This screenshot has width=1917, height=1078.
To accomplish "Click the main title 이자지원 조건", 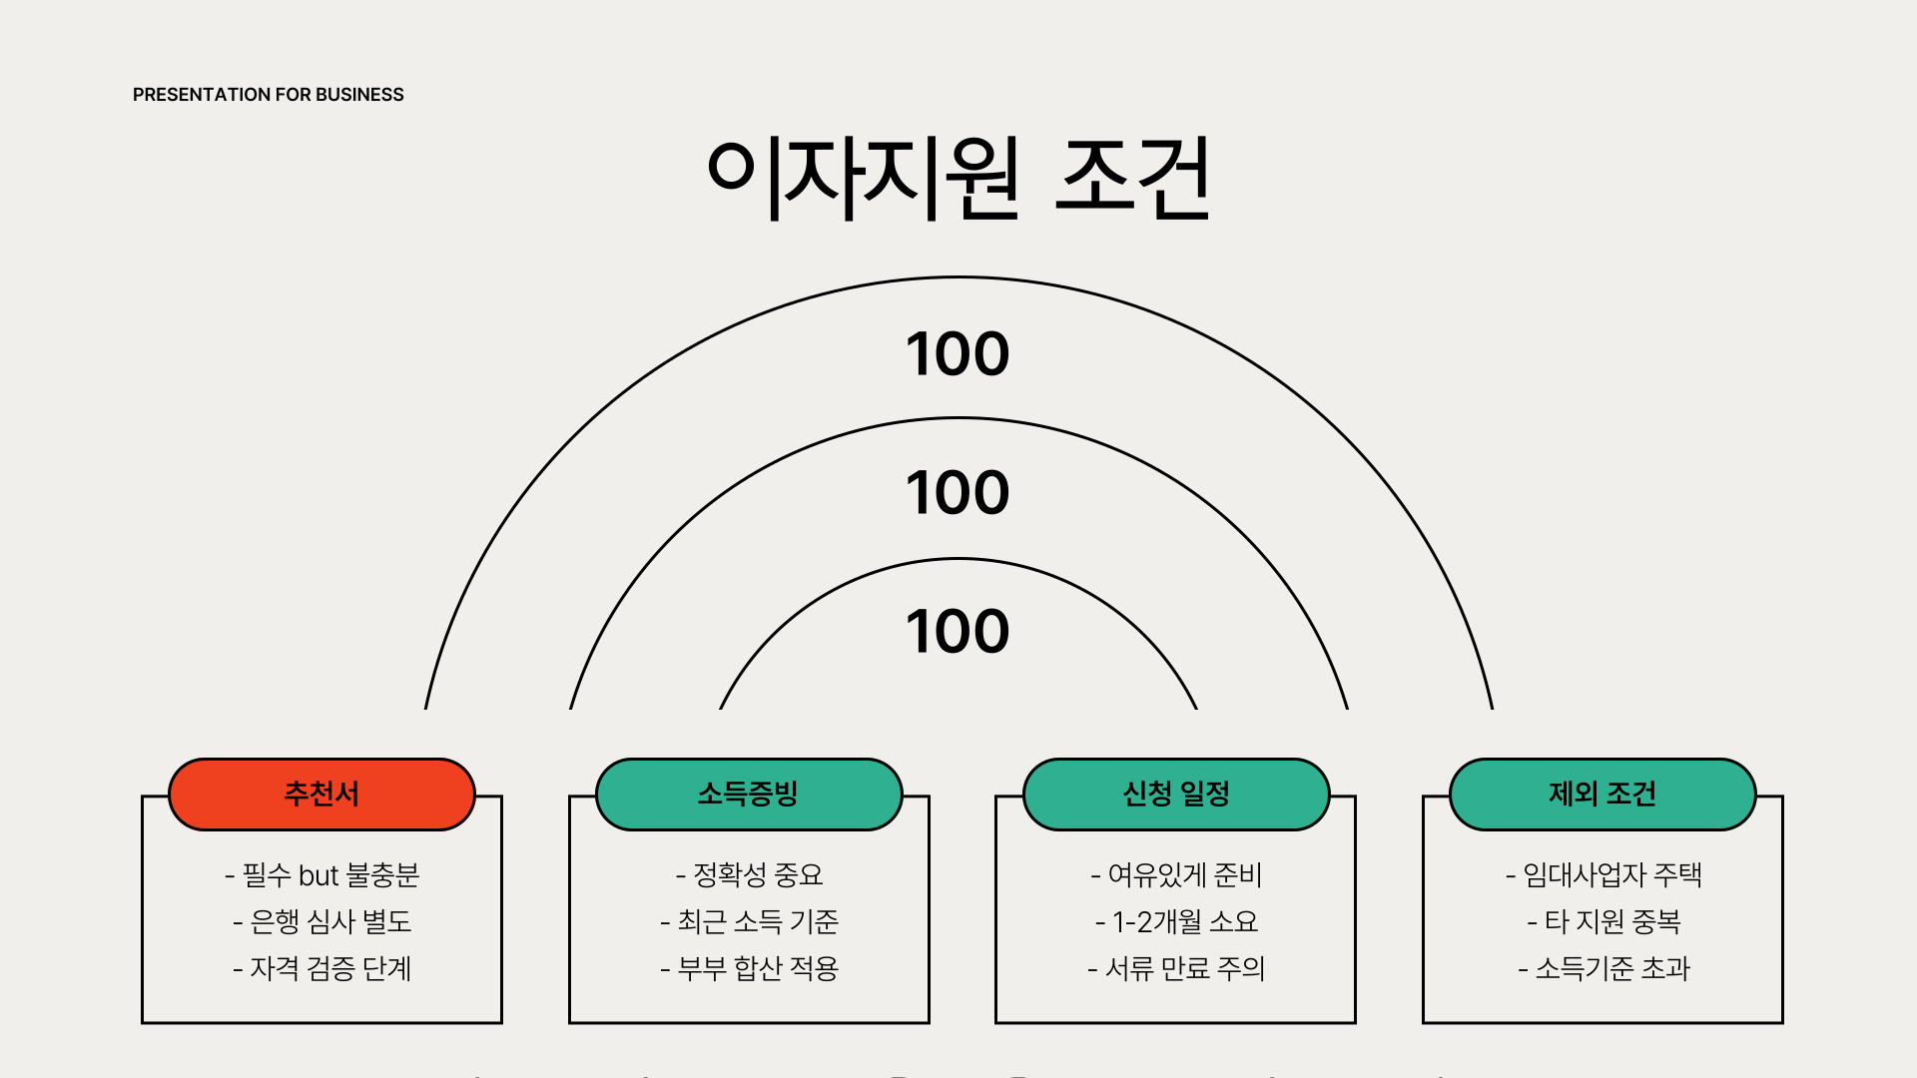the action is pos(958,178).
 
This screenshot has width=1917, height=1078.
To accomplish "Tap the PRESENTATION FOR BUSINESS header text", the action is pos(268,95).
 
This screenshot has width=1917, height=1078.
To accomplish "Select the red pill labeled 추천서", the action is pos(321,795).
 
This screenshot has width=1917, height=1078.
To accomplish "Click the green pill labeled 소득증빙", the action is pos(749,795).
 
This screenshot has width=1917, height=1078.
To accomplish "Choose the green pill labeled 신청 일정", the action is pos(1176,795).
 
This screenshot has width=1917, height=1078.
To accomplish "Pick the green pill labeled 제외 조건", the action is pos(1602,795).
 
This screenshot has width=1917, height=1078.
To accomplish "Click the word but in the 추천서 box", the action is pos(319,876).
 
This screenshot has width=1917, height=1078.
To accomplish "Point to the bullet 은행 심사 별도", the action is pos(322,922).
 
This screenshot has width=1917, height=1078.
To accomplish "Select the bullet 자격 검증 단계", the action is pos(322,968).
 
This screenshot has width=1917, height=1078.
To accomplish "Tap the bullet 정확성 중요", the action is pos(750,875).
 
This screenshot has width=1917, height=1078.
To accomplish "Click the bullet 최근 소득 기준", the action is pos(750,922).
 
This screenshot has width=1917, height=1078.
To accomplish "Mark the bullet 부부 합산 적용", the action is pos(750,968).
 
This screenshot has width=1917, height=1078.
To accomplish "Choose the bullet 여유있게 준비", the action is pos(1176,875).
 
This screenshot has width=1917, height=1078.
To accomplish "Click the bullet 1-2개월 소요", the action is pos(1176,922).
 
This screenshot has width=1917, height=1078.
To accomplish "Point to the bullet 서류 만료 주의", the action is pos(1176,968).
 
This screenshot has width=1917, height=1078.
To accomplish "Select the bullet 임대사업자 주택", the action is pos(1603,875).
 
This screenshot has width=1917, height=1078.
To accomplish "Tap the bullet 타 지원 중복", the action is pos(1603,922).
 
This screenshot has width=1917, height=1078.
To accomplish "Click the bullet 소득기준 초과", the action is pos(1603,968).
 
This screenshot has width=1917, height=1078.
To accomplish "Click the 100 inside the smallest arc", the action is pos(958,632).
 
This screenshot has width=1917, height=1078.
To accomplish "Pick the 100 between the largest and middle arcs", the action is pos(958,354).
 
